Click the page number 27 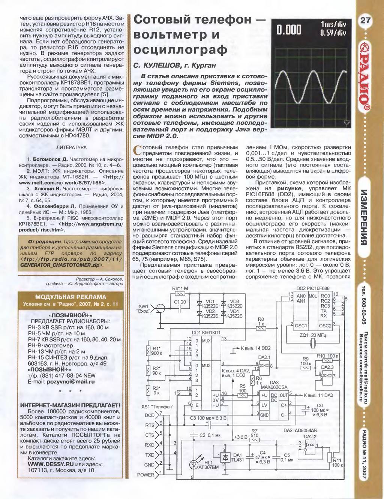[365, 21]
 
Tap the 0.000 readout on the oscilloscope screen [289, 30]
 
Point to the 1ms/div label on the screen [333, 25]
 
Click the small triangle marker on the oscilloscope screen [347, 123]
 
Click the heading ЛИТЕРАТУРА [71, 148]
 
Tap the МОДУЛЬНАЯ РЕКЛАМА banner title [70, 297]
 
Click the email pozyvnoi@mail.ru [70, 382]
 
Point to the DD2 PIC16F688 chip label [313, 288]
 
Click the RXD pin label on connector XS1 [150, 445]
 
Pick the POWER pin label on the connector [146, 475]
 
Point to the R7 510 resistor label [254, 433]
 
